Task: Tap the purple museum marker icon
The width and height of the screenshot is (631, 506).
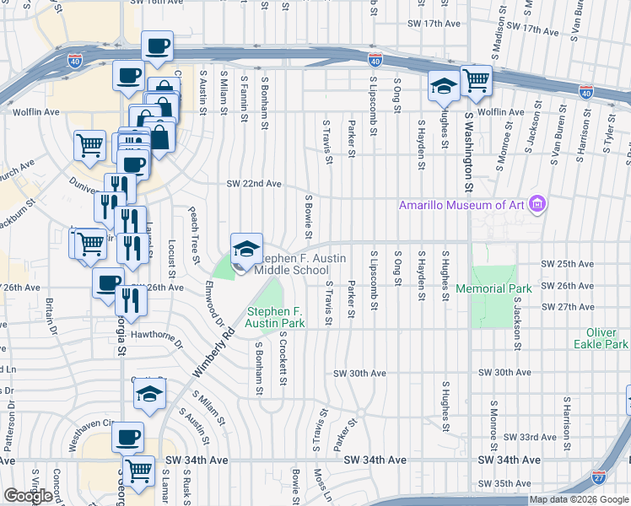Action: point(537,204)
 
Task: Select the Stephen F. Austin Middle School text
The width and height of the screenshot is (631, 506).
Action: point(291,264)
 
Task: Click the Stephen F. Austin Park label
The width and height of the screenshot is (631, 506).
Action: point(275,317)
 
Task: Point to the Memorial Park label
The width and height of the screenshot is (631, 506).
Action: point(493,288)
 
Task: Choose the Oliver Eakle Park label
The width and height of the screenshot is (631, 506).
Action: point(601,338)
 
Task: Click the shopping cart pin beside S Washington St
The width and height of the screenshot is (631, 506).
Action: point(477,81)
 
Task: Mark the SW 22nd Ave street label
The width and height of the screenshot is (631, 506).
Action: point(253,184)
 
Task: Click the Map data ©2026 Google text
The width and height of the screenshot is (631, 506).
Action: point(580,499)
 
